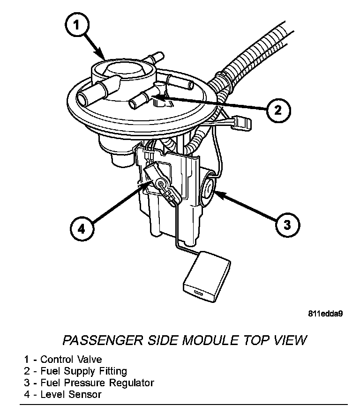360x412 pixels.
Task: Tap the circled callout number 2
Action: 277,110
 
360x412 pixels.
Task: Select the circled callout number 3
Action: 286,224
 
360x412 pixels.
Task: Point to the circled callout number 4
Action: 82,229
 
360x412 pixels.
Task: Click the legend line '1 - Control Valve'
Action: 63,360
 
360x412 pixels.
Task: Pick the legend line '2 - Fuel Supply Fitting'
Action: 75,371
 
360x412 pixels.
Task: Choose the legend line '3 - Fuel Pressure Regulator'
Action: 89,383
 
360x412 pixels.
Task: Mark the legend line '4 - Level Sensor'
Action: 63,394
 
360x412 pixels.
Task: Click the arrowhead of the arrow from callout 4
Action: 151,184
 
